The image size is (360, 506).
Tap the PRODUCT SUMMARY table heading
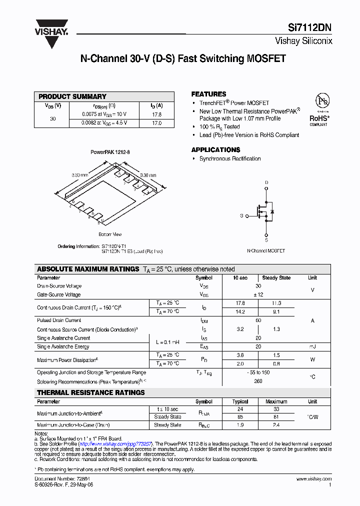pyautogui.click(x=72, y=96)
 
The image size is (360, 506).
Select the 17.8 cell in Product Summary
pyautogui.click(x=156, y=114)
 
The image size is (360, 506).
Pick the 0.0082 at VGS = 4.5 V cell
pyautogui.click(x=104, y=122)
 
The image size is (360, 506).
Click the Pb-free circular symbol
pyautogui.click(x=322, y=101)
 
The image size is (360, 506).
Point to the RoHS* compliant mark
pyautogui.click(x=319, y=119)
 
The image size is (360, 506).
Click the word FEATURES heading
pyautogui.click(x=208, y=94)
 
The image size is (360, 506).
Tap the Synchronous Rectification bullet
pyautogui.click(x=230, y=158)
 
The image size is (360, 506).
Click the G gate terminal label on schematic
pyautogui.click(x=241, y=216)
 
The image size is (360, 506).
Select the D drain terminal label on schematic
pyautogui.click(x=266, y=182)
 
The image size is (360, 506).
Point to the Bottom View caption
pyautogui.click(x=110, y=234)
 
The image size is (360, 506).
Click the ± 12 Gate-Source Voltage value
pyautogui.click(x=258, y=295)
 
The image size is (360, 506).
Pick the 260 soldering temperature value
pyautogui.click(x=258, y=381)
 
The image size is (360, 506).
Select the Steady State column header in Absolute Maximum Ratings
pyautogui.click(x=276, y=277)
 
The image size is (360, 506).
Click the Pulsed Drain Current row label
pyautogui.click(x=59, y=320)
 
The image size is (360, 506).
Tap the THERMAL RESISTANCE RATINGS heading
pyautogui.click(x=91, y=392)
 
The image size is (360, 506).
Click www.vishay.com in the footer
pyautogui.click(x=313, y=479)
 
